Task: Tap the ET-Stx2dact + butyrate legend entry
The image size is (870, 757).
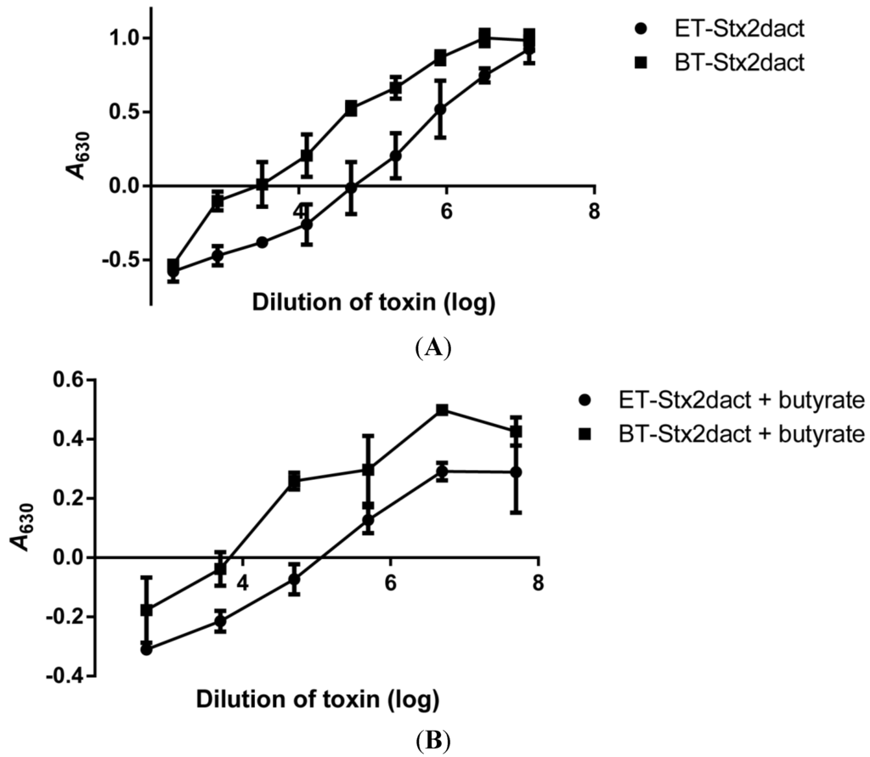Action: pyautogui.click(x=709, y=400)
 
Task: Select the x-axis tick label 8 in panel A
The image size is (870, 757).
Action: pyautogui.click(x=593, y=211)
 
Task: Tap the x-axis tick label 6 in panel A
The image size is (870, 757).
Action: pyautogui.click(x=446, y=211)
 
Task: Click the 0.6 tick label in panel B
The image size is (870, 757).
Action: pyautogui.click(x=70, y=380)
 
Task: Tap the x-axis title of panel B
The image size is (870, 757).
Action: pyautogui.click(x=317, y=701)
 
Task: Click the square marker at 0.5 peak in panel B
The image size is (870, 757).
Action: pyautogui.click(x=442, y=410)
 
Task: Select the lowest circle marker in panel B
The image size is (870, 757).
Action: pyautogui.click(x=146, y=649)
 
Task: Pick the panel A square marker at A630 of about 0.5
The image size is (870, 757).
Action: pyautogui.click(x=352, y=108)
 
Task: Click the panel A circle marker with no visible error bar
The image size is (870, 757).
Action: pyautogui.click(x=263, y=242)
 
